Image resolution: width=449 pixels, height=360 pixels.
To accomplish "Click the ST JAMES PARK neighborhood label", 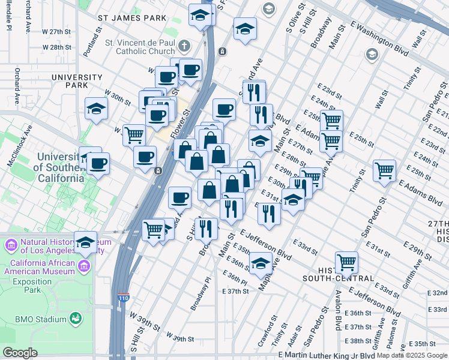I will pos(133,18).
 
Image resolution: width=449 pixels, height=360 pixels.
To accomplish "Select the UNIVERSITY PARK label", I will pos(77,82).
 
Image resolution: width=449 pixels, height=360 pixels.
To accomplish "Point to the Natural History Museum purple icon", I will pos(10,246).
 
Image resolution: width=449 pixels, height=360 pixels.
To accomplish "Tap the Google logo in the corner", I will pos(20,353).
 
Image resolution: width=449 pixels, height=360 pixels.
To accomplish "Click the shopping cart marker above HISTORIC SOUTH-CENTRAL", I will pos(346,262).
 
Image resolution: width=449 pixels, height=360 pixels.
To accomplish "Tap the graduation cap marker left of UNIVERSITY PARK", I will pos(96,109).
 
